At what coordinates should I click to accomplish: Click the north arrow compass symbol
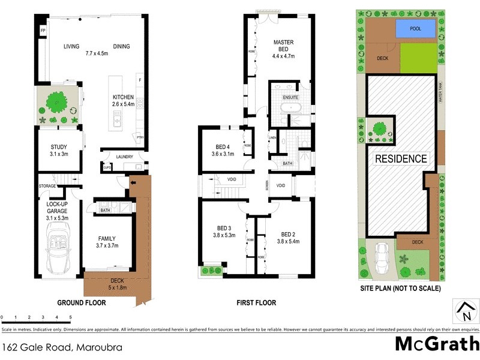tap(465, 311)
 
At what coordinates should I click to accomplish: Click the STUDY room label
tap(58, 147)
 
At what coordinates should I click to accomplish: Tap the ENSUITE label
tap(290, 97)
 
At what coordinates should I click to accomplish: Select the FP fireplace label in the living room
tap(43, 30)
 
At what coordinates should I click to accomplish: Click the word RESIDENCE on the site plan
tap(401, 159)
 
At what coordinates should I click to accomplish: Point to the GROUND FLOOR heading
tap(81, 303)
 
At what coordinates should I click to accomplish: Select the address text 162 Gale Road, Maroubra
tap(49, 347)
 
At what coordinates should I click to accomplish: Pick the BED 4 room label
tap(223, 146)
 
